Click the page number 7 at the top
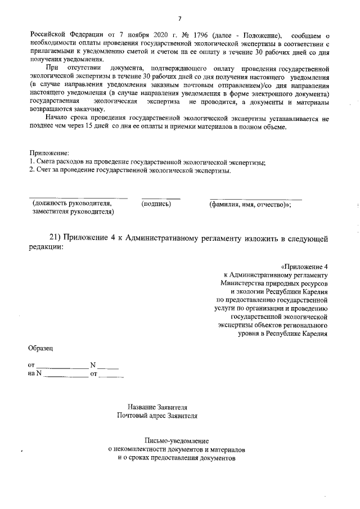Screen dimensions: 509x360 tap(179, 19)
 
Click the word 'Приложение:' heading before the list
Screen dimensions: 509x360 tap(49, 152)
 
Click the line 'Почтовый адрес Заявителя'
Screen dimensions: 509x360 tap(157, 416)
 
